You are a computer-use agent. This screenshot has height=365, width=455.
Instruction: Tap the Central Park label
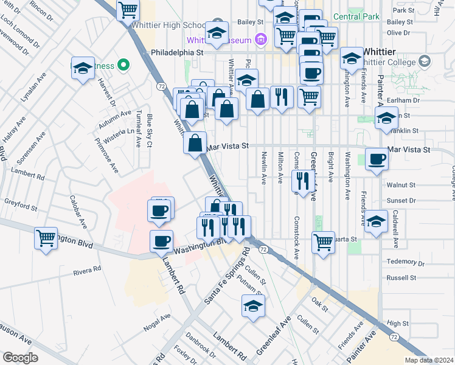point(356,16)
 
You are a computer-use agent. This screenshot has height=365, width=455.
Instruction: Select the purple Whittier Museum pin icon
point(260,40)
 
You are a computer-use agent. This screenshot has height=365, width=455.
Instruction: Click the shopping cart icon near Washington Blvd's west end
point(46,239)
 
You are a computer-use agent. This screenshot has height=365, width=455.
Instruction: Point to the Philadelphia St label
point(176,52)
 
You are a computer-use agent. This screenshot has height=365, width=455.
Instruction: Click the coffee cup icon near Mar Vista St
point(377,159)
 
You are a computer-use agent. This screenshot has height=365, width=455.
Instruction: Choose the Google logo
point(20,357)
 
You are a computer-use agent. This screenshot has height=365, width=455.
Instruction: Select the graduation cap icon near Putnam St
point(253,307)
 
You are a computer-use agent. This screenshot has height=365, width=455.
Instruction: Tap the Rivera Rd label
point(87,269)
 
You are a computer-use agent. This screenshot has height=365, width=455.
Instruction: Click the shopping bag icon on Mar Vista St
point(195,145)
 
